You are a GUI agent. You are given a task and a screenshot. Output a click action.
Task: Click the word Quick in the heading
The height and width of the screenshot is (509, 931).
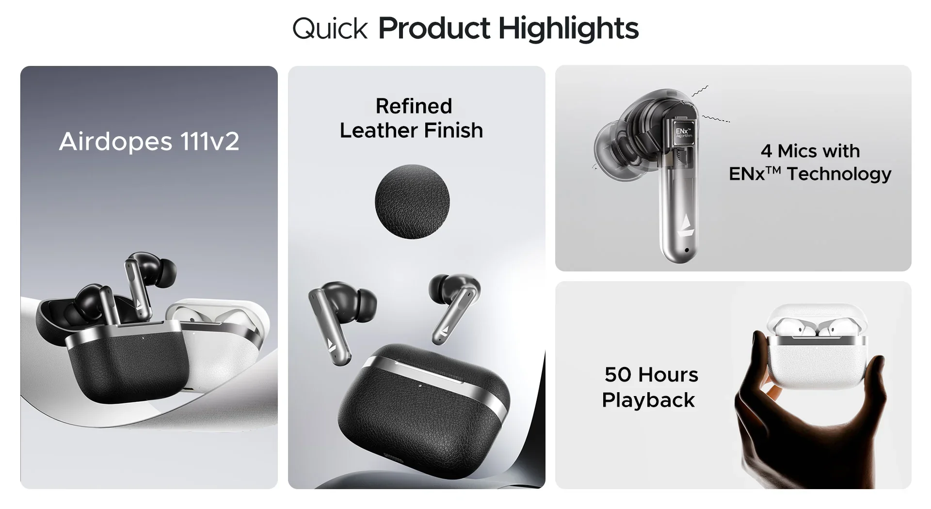[x=330, y=29]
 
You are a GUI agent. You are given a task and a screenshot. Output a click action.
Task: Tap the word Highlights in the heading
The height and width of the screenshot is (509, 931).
[x=568, y=29]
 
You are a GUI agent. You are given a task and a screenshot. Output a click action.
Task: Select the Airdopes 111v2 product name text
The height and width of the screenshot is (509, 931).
[x=149, y=142]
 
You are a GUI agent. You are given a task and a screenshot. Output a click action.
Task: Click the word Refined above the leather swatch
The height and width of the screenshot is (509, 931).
[x=414, y=106]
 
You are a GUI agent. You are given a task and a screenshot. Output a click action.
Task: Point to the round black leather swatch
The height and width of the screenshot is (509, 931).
[x=412, y=202]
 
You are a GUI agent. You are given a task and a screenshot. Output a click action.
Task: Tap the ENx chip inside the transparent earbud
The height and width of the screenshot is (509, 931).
[x=684, y=132]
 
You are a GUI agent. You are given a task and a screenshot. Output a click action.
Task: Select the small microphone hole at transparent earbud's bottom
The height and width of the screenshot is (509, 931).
[x=687, y=251]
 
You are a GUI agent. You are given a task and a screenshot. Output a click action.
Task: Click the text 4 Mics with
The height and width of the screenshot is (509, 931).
[x=810, y=151]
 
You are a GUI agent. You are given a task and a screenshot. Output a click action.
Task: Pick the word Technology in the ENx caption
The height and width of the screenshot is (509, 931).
[x=839, y=174]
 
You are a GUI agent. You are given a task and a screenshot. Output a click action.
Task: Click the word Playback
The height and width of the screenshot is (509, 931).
[x=648, y=400]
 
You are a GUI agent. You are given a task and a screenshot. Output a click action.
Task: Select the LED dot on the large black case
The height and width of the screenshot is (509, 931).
[x=420, y=386]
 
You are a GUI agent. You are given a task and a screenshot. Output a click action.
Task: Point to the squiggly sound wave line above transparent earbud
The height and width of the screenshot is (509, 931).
[x=700, y=91]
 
